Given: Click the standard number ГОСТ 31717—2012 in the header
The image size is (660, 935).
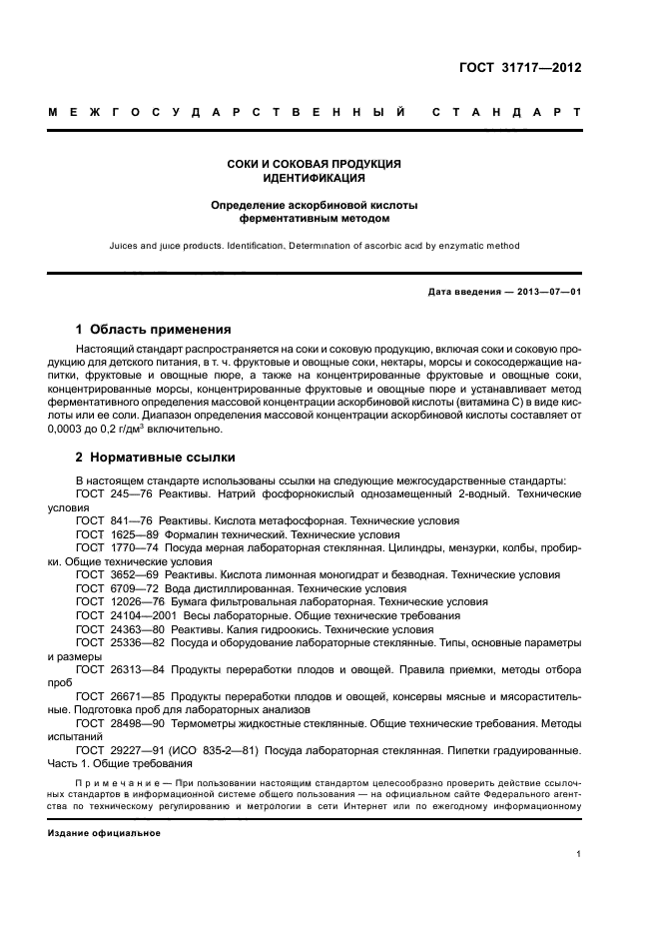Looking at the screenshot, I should tap(520, 68).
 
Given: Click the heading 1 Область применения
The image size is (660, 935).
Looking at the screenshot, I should tap(154, 329).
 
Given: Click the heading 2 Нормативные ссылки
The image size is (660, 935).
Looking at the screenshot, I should tap(156, 458).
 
